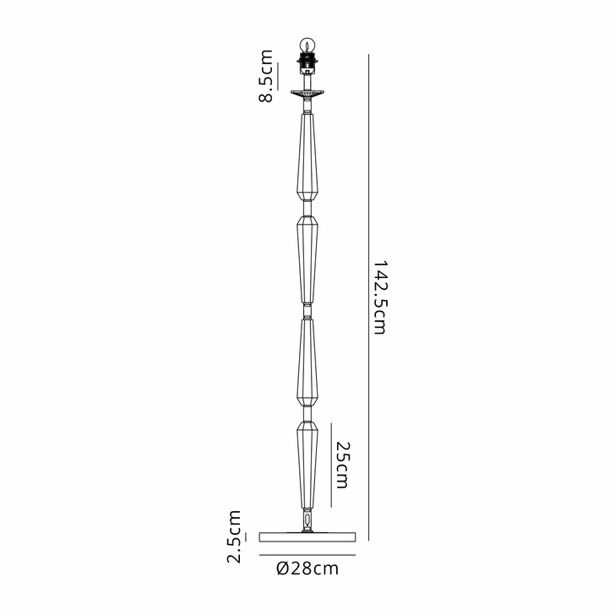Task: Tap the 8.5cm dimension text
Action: coord(266,76)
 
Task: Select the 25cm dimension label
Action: coord(342,465)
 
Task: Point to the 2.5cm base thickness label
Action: coord(234,536)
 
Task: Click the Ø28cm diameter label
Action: coord(307,569)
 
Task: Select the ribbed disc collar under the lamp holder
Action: coord(307,92)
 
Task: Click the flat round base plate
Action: coord(307,536)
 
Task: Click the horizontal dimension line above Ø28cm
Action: coord(307,555)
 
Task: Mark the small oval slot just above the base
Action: coord(307,519)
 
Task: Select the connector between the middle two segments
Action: coord(307,310)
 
